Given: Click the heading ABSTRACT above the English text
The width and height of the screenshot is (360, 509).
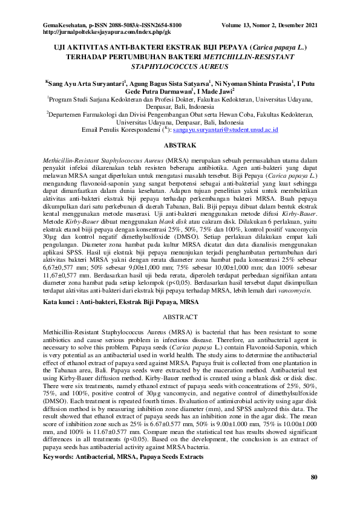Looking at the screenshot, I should (x=180, y=316).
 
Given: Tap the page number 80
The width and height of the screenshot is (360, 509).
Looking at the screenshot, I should (x=313, y=478).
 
